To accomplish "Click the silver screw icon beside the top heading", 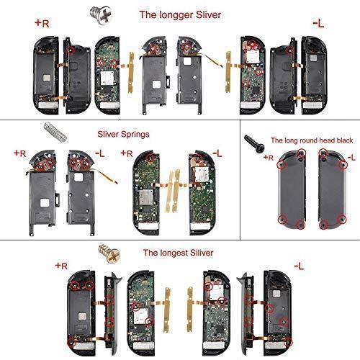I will (113, 12).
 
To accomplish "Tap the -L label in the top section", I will (318, 24).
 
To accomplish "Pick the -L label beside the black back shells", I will (351, 157).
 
